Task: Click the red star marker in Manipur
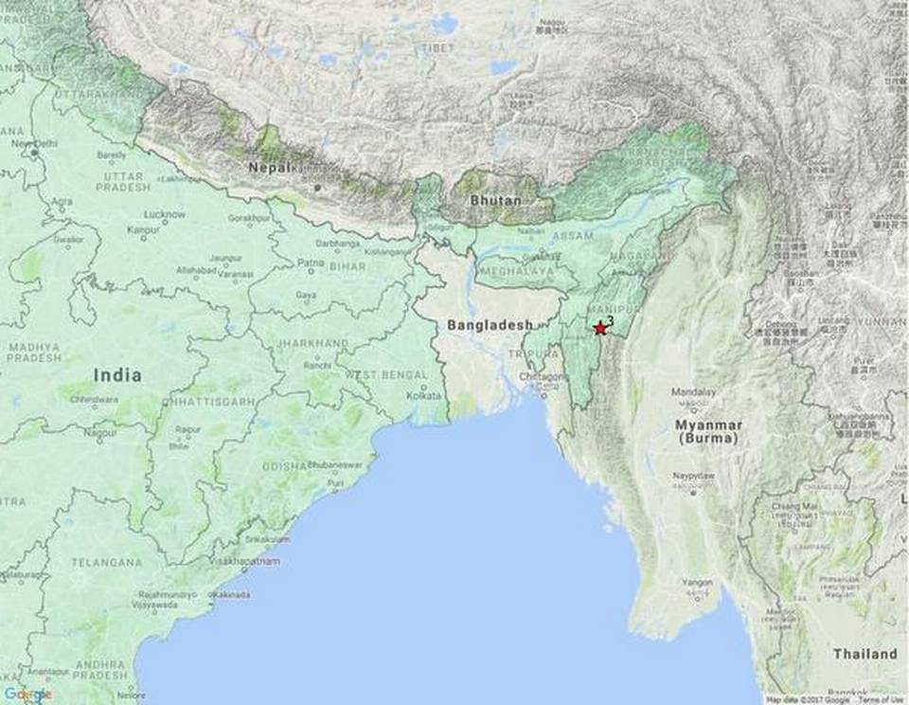(x=599, y=328)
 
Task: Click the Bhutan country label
(x=495, y=201)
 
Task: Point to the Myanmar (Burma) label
(x=708, y=433)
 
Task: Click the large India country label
(x=117, y=375)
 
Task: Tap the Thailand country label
(x=864, y=654)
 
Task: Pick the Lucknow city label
(x=165, y=214)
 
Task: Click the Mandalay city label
(x=692, y=391)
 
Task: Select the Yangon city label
(x=696, y=582)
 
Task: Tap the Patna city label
(x=311, y=262)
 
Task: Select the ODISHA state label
(x=283, y=465)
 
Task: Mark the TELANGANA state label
(x=107, y=562)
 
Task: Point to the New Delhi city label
(x=33, y=143)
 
